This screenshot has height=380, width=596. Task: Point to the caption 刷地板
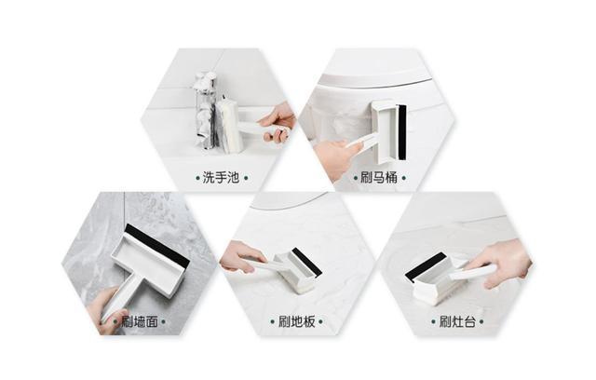pyautogui.click(x=299, y=322)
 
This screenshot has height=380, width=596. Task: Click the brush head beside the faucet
pyautogui.click(x=229, y=126)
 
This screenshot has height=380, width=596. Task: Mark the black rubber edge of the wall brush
pyautogui.click(x=156, y=245)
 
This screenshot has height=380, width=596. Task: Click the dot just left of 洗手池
pyautogui.click(x=197, y=177)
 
